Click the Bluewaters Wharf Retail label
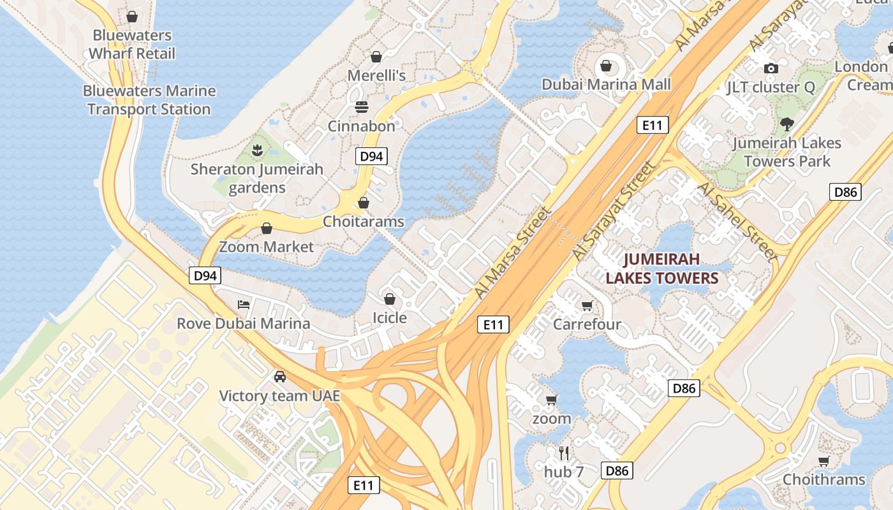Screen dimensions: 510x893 [x=132, y=44]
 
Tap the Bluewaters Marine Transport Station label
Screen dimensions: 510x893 [x=149, y=100]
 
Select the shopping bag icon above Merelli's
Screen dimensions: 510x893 [x=376, y=57]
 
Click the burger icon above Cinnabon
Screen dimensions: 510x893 [x=362, y=106]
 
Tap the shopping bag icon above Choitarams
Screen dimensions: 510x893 [x=364, y=203]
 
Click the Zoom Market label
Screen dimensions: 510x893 [x=267, y=247]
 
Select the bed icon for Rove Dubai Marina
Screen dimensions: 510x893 [x=243, y=304]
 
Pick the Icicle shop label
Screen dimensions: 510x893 [x=390, y=317]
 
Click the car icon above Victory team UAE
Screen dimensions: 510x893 [x=279, y=377]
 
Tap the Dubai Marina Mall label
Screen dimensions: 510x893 [x=606, y=84]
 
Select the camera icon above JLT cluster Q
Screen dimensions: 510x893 [x=771, y=68]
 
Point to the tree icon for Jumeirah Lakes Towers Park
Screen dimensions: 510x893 [x=786, y=124]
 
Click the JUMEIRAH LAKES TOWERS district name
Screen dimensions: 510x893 [x=661, y=268]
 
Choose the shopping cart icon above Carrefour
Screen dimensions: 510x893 [x=587, y=305]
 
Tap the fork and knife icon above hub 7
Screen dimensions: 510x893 [x=564, y=453]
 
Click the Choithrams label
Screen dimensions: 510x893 [x=823, y=479]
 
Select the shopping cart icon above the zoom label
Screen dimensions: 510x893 [x=552, y=400]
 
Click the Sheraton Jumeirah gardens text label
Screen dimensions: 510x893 [x=257, y=178]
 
